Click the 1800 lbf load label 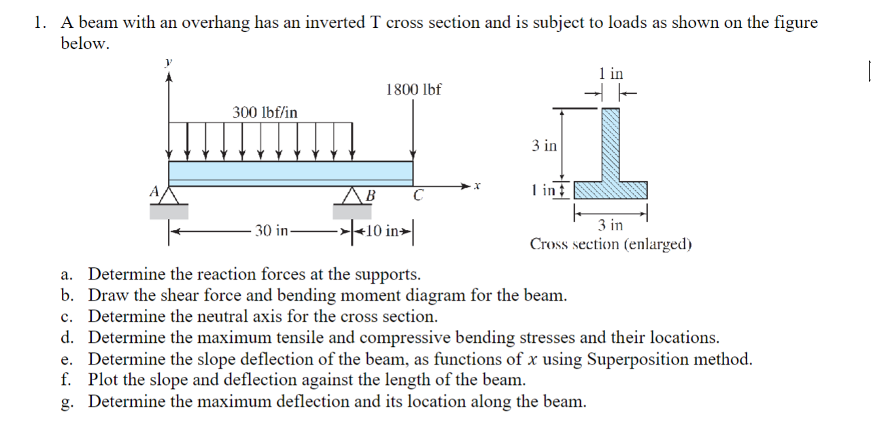pyautogui.click(x=413, y=89)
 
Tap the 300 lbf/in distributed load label pyautogui.click(x=264, y=112)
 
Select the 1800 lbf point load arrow pyautogui.click(x=413, y=129)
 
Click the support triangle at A pyautogui.click(x=169, y=195)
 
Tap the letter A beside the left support pyautogui.click(x=154, y=192)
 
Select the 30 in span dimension pyautogui.click(x=271, y=231)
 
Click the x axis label pyautogui.click(x=477, y=185)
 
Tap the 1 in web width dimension pyautogui.click(x=611, y=73)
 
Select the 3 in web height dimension pyautogui.click(x=544, y=146)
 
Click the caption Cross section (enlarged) pyautogui.click(x=611, y=244)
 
